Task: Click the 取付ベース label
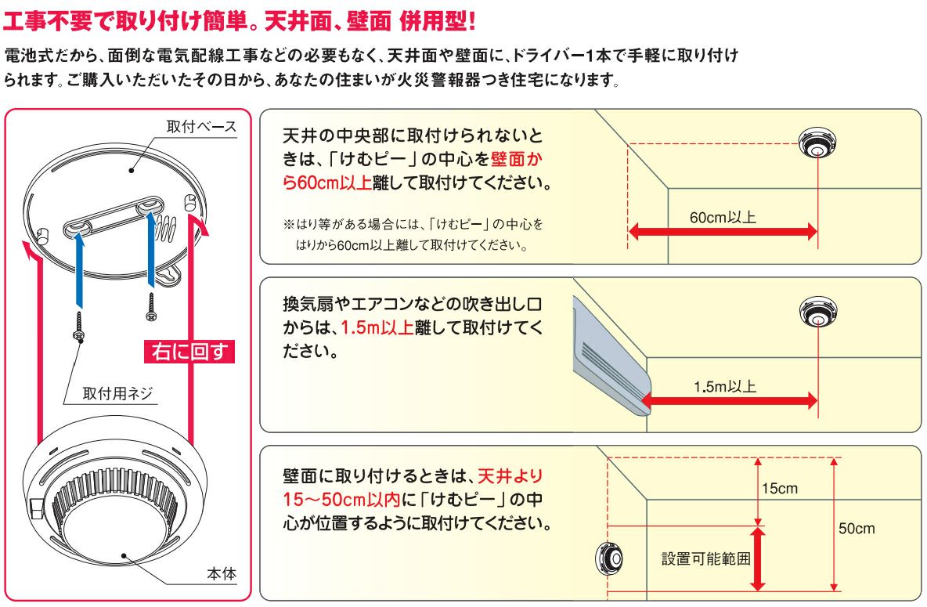[201, 126]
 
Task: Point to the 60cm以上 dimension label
[723, 217]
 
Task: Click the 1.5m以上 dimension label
[725, 387]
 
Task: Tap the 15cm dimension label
[780, 489]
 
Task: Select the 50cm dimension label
[857, 529]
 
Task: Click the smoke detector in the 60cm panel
[817, 143]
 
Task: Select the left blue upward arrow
[79, 270]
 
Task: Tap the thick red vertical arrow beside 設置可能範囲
[757, 558]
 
